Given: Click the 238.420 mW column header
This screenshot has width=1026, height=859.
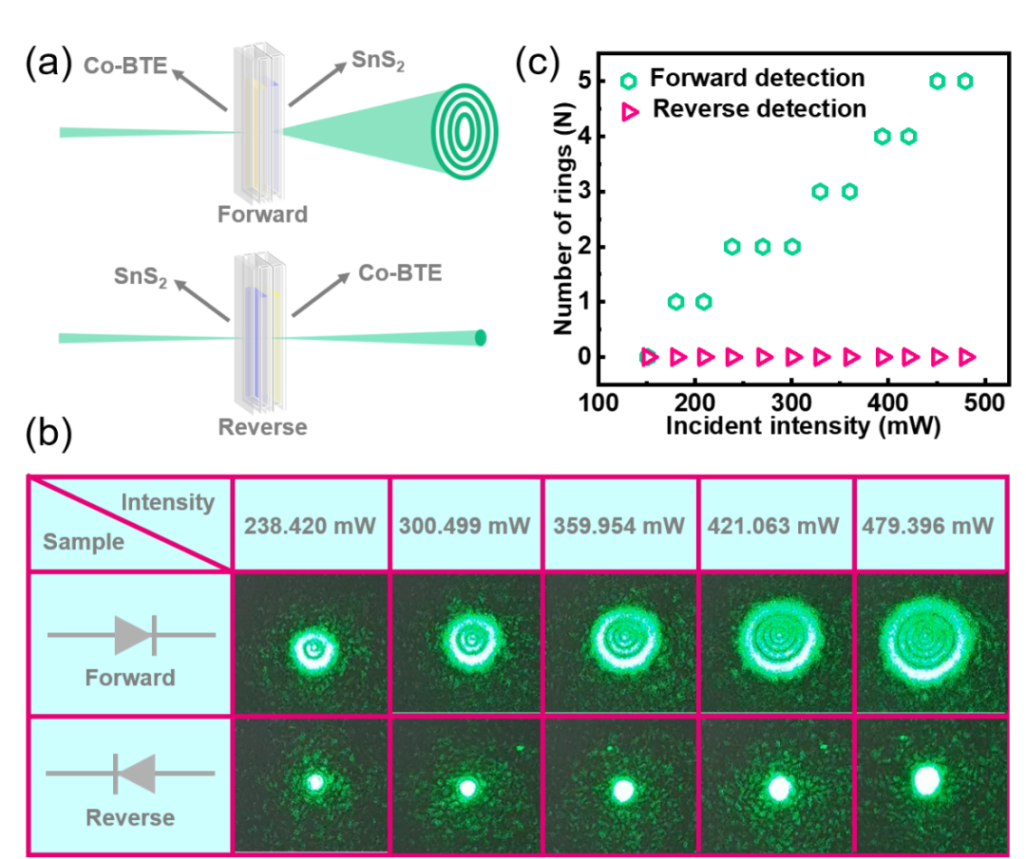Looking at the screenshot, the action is tap(310, 526).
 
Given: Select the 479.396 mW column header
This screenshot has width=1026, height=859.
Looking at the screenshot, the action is tap(928, 526).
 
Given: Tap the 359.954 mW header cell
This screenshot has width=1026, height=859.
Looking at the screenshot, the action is tap(619, 526).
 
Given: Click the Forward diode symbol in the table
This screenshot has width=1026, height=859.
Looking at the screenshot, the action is tap(131, 635).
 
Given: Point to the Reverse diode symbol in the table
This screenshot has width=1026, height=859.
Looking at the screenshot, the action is tap(131, 774).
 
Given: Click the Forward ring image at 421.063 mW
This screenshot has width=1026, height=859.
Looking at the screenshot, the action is tap(776, 644).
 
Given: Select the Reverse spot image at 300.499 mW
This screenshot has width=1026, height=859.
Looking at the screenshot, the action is tap(465, 785).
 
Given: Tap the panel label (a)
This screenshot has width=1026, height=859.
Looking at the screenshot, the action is tap(47, 64).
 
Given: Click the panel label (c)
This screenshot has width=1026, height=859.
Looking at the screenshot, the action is tap(537, 64).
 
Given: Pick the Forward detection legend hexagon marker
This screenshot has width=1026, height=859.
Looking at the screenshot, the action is tap(628, 81).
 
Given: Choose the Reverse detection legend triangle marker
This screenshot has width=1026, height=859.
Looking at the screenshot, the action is tap(630, 112).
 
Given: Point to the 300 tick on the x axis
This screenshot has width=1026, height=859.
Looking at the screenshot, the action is tap(791, 402).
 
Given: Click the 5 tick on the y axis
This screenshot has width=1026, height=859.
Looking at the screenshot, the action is tap(585, 81).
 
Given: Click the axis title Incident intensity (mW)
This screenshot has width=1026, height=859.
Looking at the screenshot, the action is tap(803, 425).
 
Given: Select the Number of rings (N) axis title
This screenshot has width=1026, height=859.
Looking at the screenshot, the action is tap(563, 219).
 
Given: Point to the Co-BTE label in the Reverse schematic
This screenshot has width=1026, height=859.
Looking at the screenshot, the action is tap(400, 273).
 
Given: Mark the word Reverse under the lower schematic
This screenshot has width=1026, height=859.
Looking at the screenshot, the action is tap(262, 427).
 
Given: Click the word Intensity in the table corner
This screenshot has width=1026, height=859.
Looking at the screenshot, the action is tap(168, 502).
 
